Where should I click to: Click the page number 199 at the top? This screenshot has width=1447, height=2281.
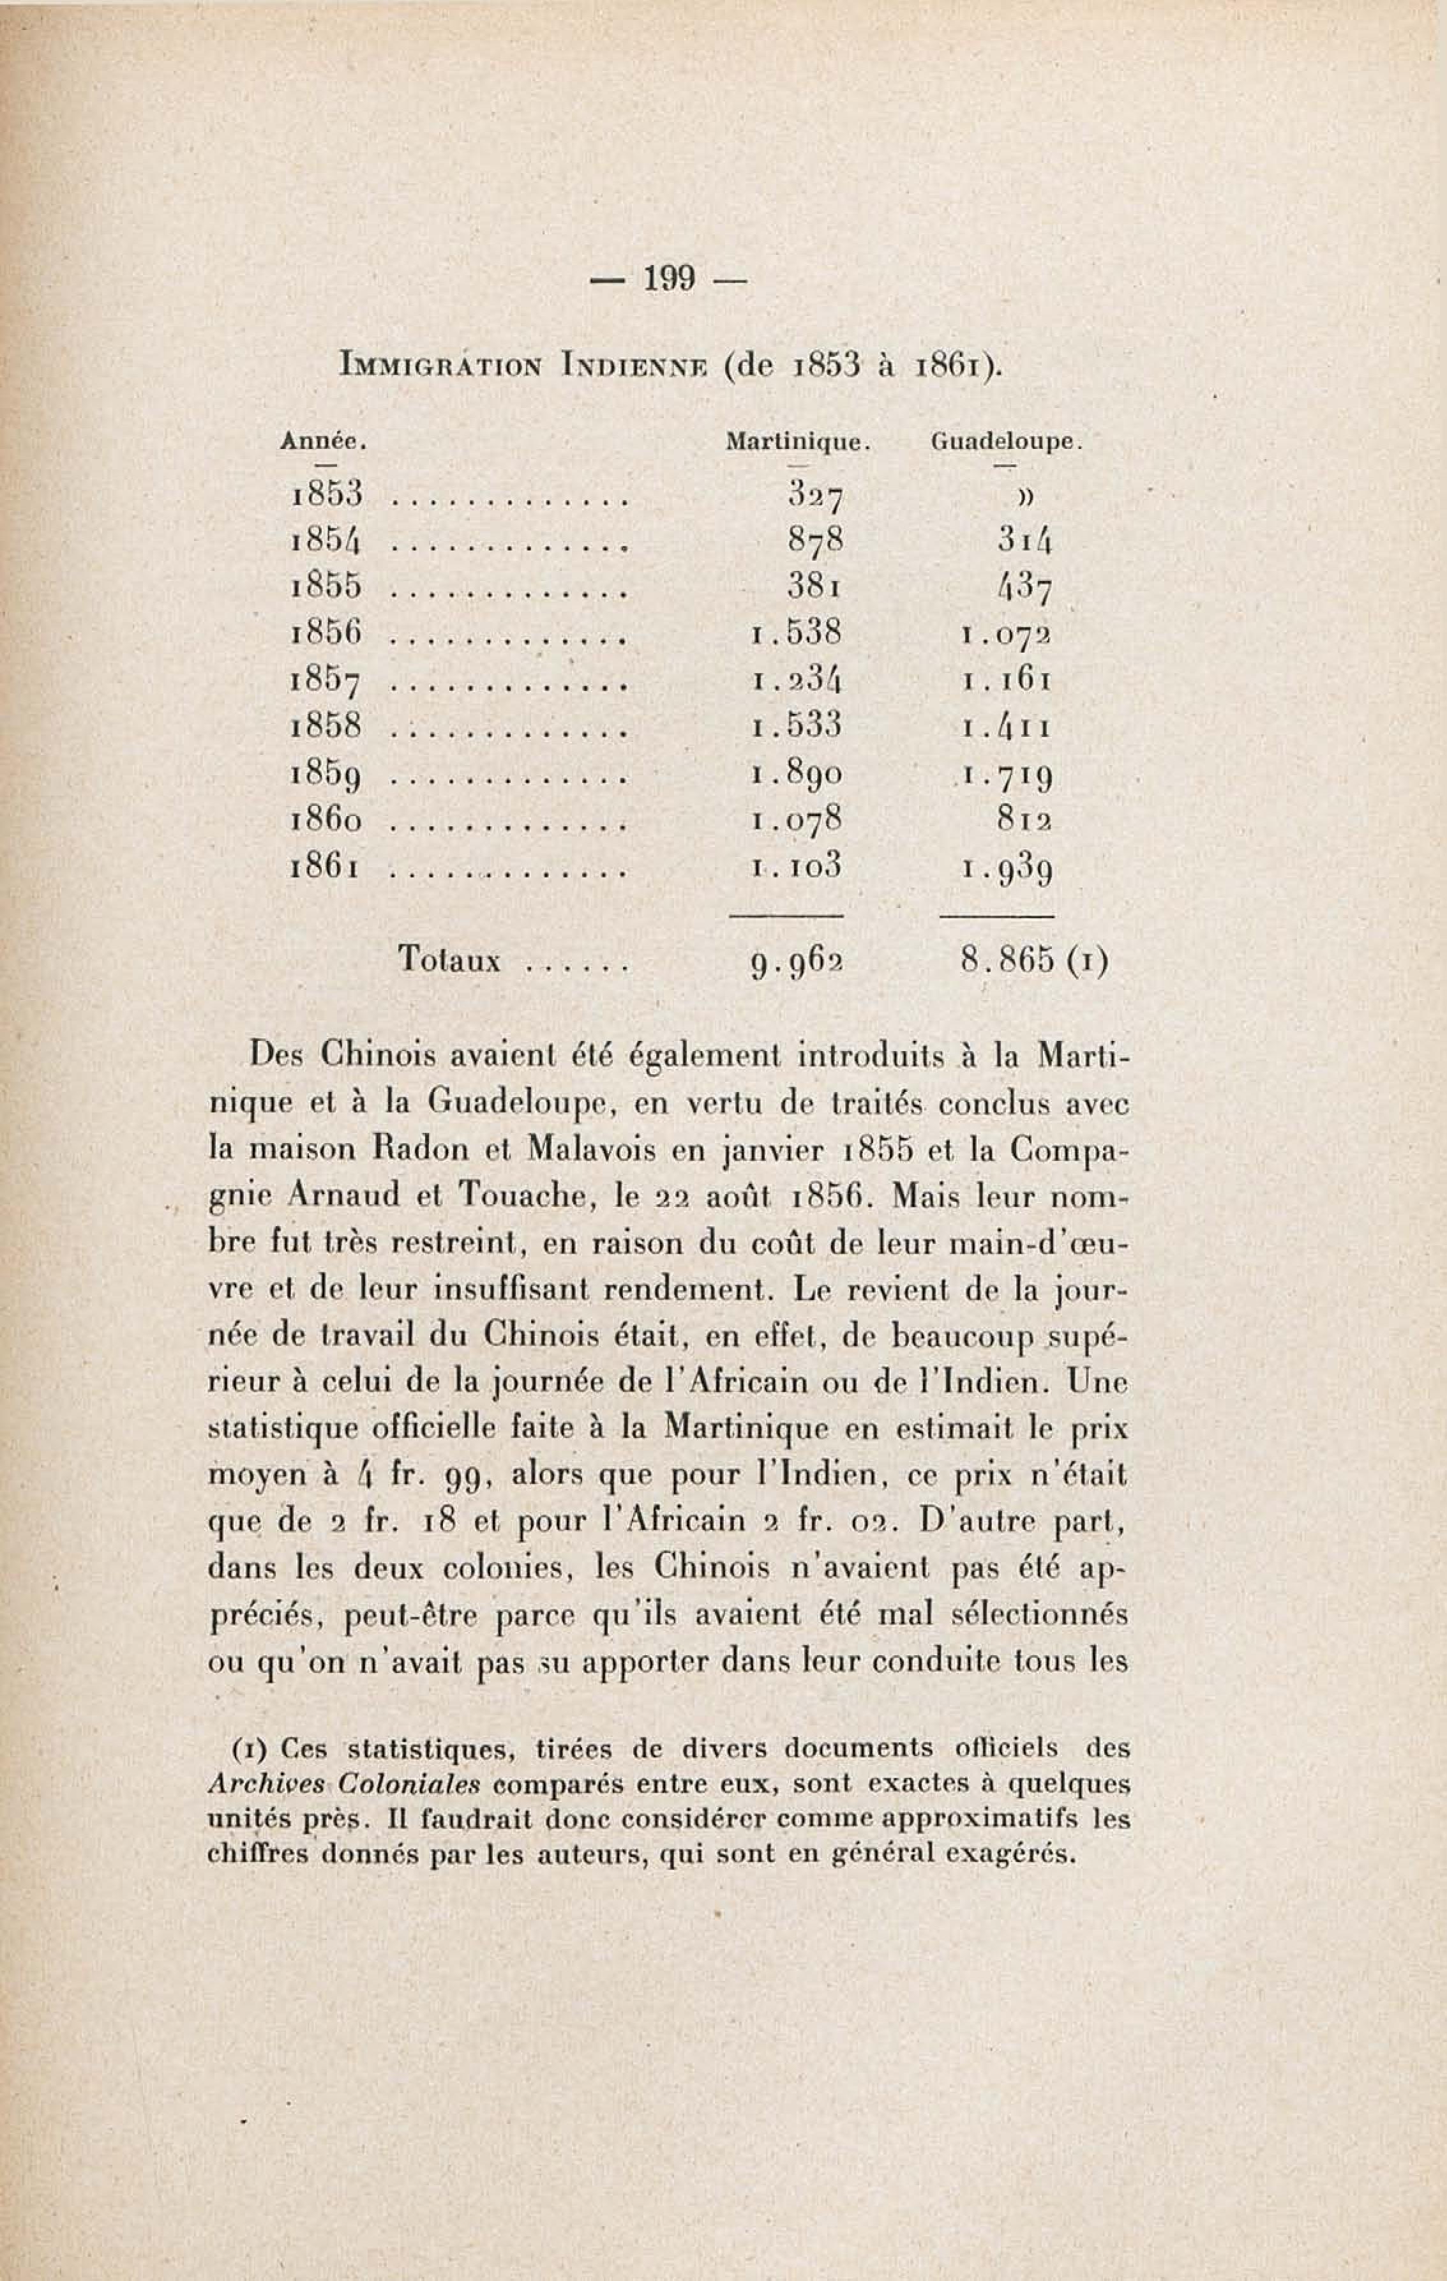click(670, 278)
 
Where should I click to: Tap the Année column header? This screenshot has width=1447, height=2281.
click(323, 441)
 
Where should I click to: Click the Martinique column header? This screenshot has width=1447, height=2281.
click(797, 441)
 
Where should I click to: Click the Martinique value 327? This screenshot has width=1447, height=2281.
click(814, 494)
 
